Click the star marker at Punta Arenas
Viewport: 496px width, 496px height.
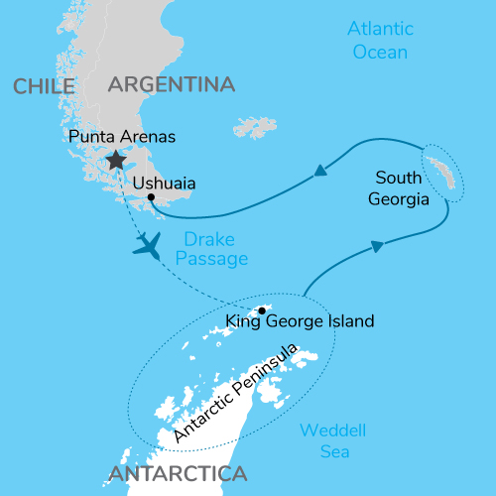coord(116,160)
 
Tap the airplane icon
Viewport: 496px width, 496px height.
coord(149,243)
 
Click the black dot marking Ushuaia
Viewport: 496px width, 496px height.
coord(151,197)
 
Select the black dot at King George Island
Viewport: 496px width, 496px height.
coord(262,310)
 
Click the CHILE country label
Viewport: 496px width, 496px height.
coord(46,87)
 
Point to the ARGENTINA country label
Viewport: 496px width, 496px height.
coord(171,84)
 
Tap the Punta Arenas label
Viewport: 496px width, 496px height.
coord(122,135)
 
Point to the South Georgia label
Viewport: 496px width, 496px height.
coord(402,188)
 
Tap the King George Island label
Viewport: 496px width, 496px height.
coord(299,320)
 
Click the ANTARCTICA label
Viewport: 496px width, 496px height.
coord(179,473)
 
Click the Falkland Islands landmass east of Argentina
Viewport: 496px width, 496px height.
coord(255,128)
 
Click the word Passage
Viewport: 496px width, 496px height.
coord(215,258)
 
